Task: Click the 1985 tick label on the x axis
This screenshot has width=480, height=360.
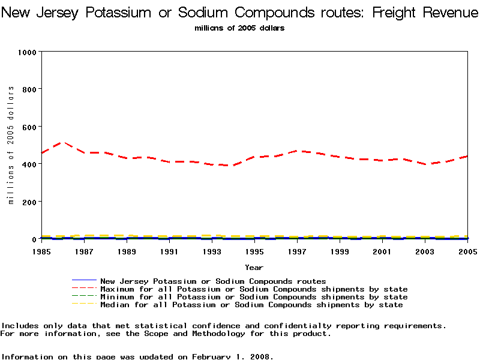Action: (41, 252)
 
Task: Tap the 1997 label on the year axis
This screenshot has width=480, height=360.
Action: (297, 252)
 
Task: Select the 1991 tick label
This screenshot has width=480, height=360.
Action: (169, 252)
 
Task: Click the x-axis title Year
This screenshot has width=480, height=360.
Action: (254, 268)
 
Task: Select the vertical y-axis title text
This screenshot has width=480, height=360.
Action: (11, 145)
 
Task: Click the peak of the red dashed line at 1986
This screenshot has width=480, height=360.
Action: (62, 142)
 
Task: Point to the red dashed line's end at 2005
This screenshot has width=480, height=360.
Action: (467, 156)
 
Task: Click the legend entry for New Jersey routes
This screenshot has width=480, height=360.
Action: (213, 281)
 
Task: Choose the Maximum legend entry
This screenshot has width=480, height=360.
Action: (254, 289)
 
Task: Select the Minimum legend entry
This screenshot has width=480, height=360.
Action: (254, 297)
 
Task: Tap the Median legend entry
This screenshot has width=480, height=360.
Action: (251, 305)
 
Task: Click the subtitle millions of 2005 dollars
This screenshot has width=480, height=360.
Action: (239, 28)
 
